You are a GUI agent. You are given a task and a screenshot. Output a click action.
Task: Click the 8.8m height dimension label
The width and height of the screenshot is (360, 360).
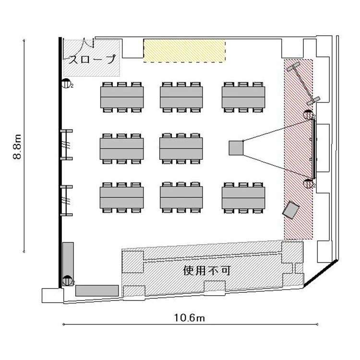tap(17, 147)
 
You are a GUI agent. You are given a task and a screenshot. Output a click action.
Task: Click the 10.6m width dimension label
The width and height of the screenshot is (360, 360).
tap(190, 318)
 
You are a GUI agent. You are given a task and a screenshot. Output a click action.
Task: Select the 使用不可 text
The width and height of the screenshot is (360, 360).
tap(206, 270)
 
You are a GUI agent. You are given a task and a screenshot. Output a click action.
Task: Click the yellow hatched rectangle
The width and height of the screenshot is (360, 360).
tap(184, 50)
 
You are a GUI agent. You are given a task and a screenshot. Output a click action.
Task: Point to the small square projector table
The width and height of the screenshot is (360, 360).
tap(236, 148)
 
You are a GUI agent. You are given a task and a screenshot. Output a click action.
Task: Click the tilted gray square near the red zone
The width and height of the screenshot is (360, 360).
tap(291, 210)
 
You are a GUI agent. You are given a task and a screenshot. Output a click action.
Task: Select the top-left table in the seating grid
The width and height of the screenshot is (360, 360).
tap(122, 97)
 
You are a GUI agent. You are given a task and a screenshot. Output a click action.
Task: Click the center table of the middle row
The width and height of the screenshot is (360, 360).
tap(181, 148)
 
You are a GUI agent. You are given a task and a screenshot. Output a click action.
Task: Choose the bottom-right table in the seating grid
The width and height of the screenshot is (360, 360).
tap(243, 198)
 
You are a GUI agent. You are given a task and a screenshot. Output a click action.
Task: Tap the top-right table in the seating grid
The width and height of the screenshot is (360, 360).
tap(243, 97)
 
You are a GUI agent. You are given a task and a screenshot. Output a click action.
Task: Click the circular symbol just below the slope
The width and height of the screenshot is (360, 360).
tap(66, 84)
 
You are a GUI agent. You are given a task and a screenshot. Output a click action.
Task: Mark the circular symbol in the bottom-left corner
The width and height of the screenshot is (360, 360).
tap(67, 280)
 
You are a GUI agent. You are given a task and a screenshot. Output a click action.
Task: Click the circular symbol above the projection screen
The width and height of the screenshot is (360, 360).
tap(308, 115)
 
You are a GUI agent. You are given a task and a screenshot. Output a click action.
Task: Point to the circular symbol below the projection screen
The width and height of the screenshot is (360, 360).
tap(308, 183)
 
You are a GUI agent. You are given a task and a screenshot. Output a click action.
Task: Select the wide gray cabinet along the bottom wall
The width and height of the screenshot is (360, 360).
tap(97, 291)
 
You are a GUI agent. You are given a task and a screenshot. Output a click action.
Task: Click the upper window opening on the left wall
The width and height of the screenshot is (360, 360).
tap(66, 144)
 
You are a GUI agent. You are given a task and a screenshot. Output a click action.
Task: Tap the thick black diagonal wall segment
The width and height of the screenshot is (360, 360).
tap(321, 273)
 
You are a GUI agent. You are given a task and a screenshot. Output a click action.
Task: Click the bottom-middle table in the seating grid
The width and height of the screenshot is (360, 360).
tap(181, 198)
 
